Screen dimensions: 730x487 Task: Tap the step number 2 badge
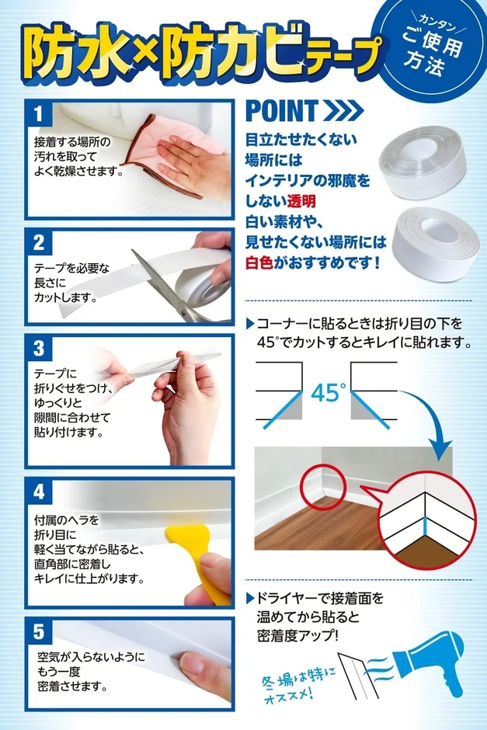[39, 242]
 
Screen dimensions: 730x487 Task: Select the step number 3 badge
[39, 347]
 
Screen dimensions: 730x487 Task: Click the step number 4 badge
[39, 494]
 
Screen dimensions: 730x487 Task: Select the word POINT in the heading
[281, 111]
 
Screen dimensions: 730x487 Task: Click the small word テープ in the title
[345, 56]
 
